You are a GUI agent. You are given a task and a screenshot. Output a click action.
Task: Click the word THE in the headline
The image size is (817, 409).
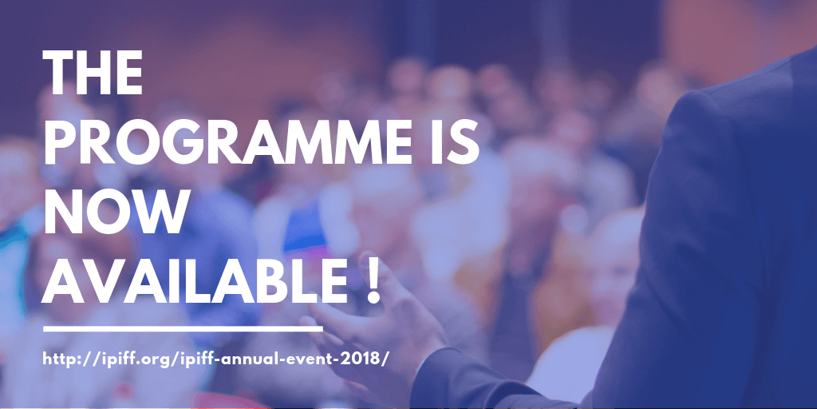[x=93, y=73]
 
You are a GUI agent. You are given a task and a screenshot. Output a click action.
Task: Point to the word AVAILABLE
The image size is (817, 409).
[x=194, y=281]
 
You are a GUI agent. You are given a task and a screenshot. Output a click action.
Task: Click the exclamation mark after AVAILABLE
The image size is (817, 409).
[x=373, y=281]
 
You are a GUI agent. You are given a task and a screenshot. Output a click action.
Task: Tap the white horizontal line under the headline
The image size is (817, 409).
[x=183, y=329]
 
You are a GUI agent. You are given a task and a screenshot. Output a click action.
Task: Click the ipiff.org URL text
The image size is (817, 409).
[x=215, y=360]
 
